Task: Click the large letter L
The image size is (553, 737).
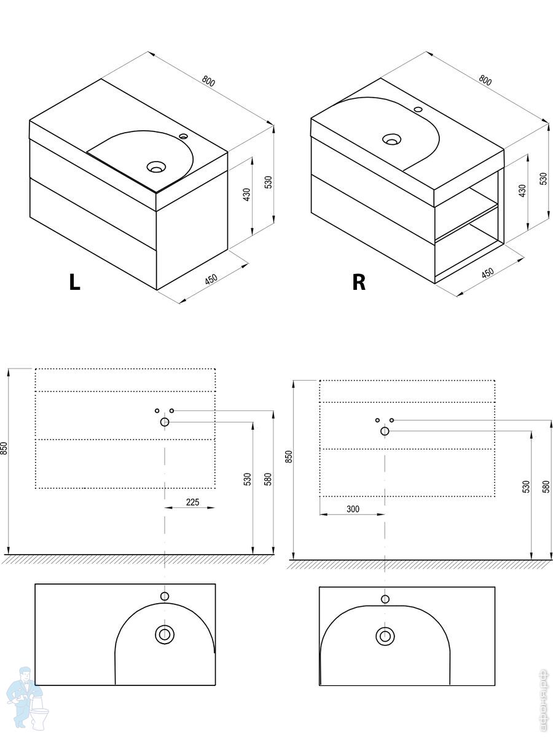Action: click(74, 281)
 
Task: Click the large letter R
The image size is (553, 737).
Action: click(359, 281)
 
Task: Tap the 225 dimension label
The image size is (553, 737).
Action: click(192, 502)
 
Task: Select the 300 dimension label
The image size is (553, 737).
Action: click(353, 509)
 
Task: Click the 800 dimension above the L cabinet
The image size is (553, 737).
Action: click(208, 80)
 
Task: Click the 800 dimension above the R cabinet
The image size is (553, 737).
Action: click(485, 80)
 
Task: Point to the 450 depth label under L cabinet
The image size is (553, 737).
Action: click(211, 279)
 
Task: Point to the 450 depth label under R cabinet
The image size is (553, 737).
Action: click(487, 273)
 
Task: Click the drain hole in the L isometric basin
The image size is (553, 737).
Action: click(156, 166)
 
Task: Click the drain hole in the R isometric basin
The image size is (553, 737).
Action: click(391, 139)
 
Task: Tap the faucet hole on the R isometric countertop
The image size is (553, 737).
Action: click(418, 110)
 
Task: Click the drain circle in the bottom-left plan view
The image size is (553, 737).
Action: click(164, 634)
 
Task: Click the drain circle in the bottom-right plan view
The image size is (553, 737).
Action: click(385, 636)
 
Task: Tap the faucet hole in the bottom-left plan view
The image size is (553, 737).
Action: click(164, 596)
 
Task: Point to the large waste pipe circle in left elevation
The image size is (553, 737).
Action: click(165, 422)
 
